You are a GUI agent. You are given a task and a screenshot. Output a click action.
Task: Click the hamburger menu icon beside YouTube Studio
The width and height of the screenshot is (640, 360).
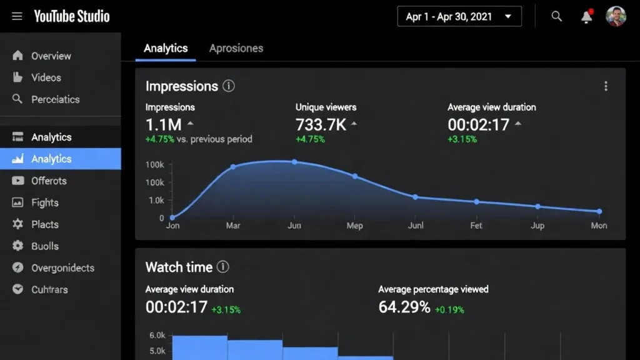click(x=17, y=16)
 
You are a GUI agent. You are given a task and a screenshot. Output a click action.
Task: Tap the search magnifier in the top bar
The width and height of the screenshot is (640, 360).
click(x=556, y=17)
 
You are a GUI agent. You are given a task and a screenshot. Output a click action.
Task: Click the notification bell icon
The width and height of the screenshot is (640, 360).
click(x=586, y=17)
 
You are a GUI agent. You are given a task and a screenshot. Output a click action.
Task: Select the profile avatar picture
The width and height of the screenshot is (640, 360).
click(x=616, y=17)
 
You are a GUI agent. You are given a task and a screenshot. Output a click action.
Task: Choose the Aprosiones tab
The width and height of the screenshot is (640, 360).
click(x=236, y=48)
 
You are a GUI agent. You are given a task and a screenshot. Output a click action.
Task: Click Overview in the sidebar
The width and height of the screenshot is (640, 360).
click(x=51, y=56)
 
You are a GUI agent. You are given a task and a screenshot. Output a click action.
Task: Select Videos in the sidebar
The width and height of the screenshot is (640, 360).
click(x=46, y=77)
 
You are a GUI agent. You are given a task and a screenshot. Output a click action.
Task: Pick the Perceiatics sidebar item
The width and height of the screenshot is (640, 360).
click(x=55, y=99)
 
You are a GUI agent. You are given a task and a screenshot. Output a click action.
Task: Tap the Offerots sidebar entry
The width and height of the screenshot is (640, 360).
click(x=49, y=181)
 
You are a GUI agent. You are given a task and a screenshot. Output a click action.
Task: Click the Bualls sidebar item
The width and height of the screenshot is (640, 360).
click(x=44, y=246)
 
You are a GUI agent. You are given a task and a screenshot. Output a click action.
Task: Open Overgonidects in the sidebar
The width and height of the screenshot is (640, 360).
click(x=62, y=268)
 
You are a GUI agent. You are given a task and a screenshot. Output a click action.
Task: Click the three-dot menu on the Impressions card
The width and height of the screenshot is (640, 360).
click(x=606, y=86)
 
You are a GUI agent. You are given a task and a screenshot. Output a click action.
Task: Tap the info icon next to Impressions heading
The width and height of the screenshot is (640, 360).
click(x=229, y=86)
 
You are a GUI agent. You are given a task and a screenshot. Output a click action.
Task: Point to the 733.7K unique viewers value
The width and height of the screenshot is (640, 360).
click(x=321, y=124)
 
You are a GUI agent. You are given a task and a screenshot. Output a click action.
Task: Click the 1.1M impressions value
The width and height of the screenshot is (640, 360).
click(x=164, y=124)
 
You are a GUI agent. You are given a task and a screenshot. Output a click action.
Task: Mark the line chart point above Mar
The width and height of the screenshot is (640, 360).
click(x=233, y=167)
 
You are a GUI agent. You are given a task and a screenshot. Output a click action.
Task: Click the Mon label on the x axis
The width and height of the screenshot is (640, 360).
click(x=599, y=226)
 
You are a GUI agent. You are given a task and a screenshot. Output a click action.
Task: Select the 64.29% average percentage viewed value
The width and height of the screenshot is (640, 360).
click(x=404, y=307)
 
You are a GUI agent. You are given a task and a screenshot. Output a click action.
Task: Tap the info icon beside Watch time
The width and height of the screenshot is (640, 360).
click(x=223, y=267)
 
